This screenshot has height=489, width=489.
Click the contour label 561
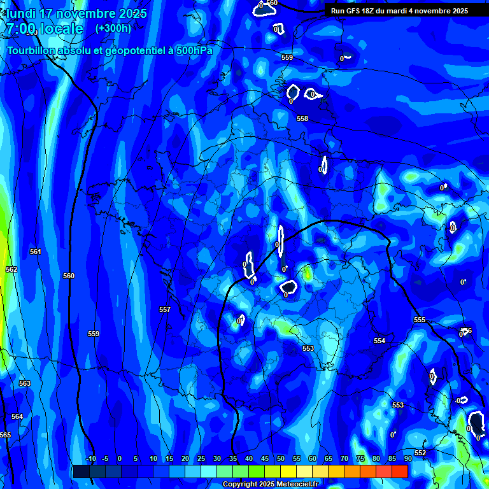tap(35, 252)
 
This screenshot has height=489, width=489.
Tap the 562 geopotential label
tap(11, 269)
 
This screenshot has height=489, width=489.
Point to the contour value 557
tap(165, 309)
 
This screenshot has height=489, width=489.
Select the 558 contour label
tap(302, 118)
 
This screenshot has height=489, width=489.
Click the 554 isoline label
tap(379, 341)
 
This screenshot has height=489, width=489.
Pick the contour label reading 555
tap(420, 320)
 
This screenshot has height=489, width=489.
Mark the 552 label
tap(420, 453)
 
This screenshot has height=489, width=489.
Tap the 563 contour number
tap(25, 383)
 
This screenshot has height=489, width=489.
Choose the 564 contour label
tap(17, 416)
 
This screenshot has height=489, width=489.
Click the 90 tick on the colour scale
tap(407, 458)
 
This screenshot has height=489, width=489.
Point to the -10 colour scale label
tap(90, 458)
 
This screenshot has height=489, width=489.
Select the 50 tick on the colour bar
tap(280, 458)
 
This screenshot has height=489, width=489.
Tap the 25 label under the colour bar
tap(201, 458)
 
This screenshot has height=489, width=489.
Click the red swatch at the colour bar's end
tap(400, 471)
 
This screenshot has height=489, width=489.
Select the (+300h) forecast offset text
tap(113, 28)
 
